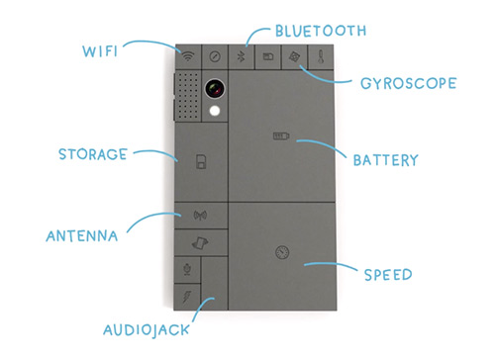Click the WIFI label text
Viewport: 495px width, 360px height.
(x=100, y=51)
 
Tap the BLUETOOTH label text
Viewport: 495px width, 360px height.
(x=321, y=31)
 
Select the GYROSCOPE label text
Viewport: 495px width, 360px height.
(x=409, y=83)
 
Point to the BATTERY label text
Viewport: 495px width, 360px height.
(x=385, y=160)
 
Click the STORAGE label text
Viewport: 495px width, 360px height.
(x=93, y=154)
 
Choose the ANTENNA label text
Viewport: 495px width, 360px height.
(x=82, y=236)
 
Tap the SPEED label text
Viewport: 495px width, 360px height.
(x=388, y=275)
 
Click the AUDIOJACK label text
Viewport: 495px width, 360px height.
(x=147, y=330)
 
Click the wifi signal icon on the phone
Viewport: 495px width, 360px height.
(x=188, y=56)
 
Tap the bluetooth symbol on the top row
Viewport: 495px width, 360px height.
(x=241, y=56)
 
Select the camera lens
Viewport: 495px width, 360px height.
(x=215, y=88)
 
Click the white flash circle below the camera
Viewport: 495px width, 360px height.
(x=215, y=111)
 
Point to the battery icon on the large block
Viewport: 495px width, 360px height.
(x=281, y=135)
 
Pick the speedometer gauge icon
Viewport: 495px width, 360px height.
(x=282, y=252)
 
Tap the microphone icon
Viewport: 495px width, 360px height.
(x=187, y=270)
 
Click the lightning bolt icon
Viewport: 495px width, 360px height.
(x=187, y=297)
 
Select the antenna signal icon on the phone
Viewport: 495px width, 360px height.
(x=201, y=216)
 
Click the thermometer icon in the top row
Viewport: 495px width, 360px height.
(x=321, y=56)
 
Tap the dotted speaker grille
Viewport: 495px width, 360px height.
(x=188, y=96)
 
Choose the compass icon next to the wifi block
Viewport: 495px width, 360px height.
(x=215, y=56)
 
